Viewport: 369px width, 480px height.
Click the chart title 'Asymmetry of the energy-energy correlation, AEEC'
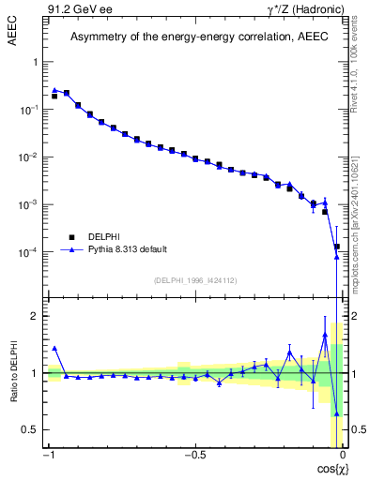pos(193,37)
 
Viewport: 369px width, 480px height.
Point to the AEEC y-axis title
pos(20,16)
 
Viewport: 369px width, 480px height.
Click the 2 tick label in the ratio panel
pos(36,316)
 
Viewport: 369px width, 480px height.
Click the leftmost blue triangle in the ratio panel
pos(54,348)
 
